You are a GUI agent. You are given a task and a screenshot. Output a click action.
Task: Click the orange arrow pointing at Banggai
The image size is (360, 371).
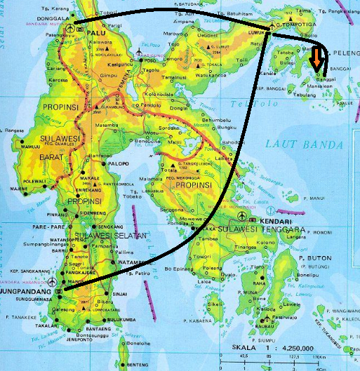(319, 59)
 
